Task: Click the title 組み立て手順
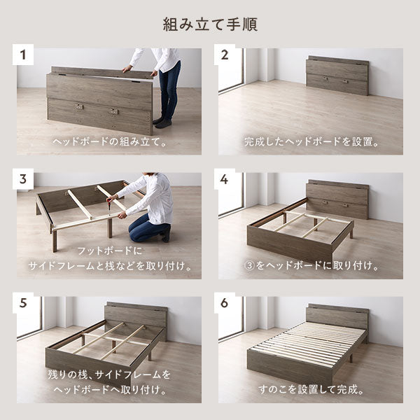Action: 210,24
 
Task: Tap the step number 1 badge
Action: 23,55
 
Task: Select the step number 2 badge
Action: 225,55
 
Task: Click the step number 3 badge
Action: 23,179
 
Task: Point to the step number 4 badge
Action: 225,179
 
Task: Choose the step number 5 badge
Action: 23,303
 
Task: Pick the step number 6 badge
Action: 225,303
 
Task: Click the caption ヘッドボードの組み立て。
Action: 109,141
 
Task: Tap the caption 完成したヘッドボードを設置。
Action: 311,141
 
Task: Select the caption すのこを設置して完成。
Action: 311,389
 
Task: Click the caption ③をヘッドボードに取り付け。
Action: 311,265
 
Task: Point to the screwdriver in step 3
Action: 108,206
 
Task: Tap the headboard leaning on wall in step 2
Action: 337,76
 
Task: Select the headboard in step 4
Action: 338,199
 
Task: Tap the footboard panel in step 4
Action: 290,246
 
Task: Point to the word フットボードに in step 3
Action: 109,251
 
